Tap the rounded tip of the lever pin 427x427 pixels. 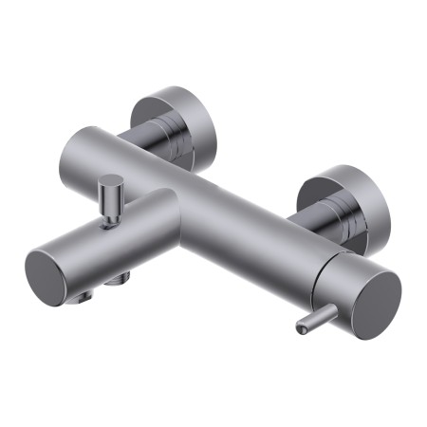click(x=300, y=329)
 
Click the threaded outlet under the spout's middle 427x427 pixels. click(x=120, y=279)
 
